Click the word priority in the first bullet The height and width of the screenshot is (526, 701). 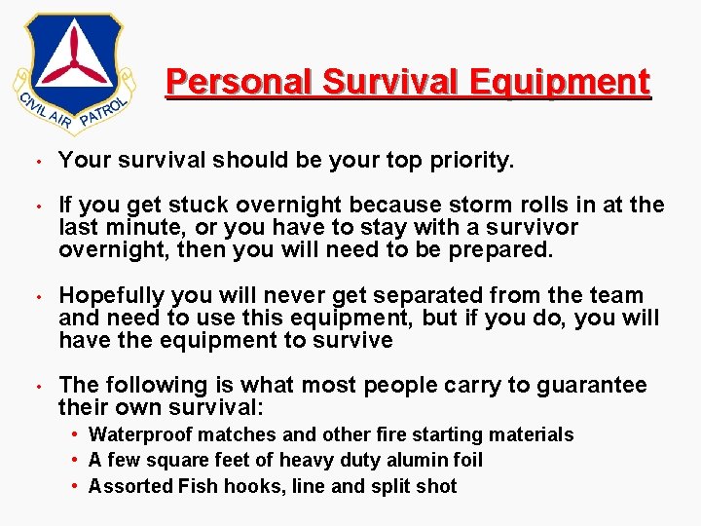(469, 161)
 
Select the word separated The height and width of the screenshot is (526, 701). (438, 295)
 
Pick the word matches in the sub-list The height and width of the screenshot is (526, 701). (230, 434)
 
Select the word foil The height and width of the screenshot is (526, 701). (464, 460)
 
